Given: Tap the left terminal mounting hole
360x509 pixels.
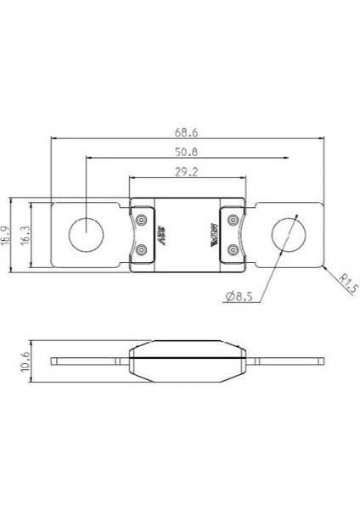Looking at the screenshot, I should tap(86, 235).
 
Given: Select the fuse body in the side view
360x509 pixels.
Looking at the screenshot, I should tap(186, 361).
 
